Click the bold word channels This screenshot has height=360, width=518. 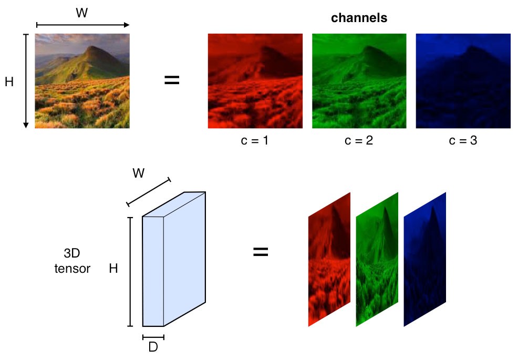[359, 18]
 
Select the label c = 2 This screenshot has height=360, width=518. [359, 141]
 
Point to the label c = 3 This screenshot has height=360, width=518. [462, 141]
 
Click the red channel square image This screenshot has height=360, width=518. [255, 81]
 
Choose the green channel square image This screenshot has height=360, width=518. [359, 81]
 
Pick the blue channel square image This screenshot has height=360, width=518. [463, 81]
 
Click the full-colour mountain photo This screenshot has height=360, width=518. [82, 81]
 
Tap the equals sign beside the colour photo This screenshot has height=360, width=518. [172, 80]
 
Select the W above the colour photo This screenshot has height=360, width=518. [81, 13]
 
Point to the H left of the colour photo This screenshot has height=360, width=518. [9, 82]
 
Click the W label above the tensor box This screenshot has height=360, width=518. [139, 173]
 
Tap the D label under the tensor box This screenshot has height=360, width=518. [153, 347]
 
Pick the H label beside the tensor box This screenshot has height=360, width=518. [113, 269]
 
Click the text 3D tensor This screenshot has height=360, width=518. [72, 261]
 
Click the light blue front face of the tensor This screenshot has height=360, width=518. [153, 271]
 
